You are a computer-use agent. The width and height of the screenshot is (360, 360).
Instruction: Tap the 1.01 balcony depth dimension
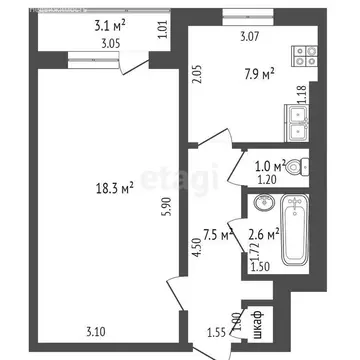162,28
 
